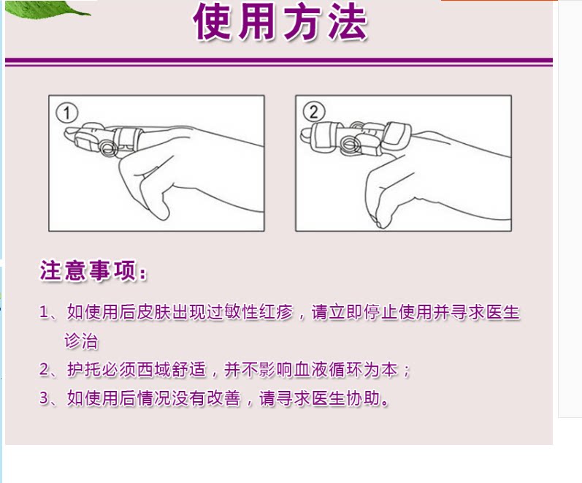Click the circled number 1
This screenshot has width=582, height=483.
pyautogui.click(x=66, y=113)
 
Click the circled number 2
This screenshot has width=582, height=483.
pyautogui.click(x=314, y=112)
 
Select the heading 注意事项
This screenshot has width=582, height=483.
pyautogui.click(x=93, y=270)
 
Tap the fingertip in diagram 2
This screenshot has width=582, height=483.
pyautogui.click(x=306, y=135)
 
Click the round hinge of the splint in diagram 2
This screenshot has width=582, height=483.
pyautogui.click(x=350, y=144)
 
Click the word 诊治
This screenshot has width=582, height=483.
pyautogui.click(x=81, y=341)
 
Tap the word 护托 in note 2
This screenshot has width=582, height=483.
pyautogui.click(x=84, y=369)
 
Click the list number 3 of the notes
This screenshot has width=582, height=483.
pyautogui.click(x=44, y=398)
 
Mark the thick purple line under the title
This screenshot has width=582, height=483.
pyautogui.click(x=279, y=60)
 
